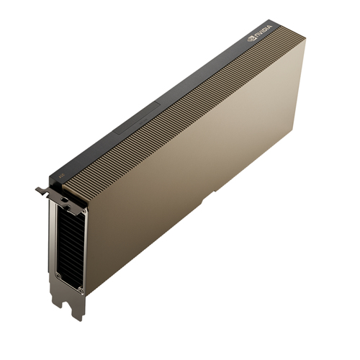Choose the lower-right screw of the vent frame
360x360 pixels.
coord(81,289)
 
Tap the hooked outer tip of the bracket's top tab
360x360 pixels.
coord(38,190)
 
